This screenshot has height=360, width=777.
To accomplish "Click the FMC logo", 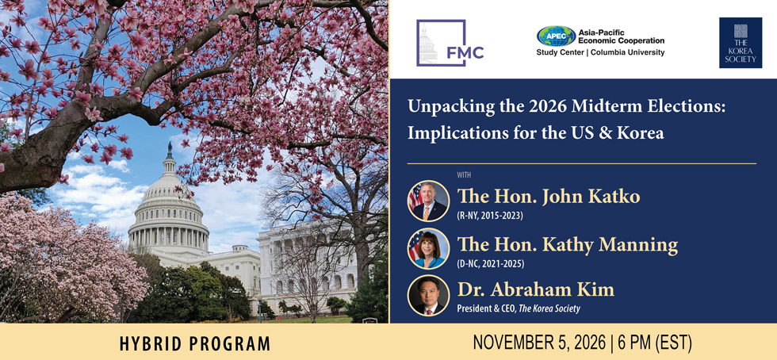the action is point(450,43).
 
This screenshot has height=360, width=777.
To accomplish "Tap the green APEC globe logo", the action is point(556,36).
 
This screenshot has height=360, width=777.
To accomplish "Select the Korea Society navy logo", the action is point(741,43).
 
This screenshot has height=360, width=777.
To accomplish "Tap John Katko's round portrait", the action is point(428,201).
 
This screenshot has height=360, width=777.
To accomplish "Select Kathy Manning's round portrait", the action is point(428,248).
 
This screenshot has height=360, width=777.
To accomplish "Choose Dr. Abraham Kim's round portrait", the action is point(428,296).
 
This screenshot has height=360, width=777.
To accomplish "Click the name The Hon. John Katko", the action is point(548,197).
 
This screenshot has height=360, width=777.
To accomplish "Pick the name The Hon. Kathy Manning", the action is point(567,244).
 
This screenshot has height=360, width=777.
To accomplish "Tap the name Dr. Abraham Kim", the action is point(535,290).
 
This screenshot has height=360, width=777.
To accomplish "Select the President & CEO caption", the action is point(519,308).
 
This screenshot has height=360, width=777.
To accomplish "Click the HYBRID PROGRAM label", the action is point(195,343).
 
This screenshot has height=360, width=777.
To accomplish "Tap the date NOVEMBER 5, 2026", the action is point(539,342).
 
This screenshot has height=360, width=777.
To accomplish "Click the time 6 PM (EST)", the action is point(654,342).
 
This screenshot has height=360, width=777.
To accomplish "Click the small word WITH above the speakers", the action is point(465,174).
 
